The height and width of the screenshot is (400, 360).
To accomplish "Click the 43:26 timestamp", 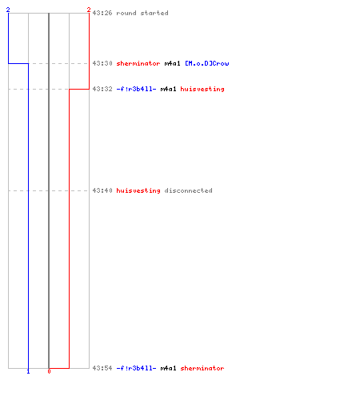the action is click(102, 13).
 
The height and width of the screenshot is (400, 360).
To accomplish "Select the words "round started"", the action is click(142, 13).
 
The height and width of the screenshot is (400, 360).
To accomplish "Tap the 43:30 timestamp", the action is click(102, 63).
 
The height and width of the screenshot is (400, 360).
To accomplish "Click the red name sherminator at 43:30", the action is click(138, 63).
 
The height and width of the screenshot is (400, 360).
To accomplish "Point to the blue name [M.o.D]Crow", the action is click(207, 63).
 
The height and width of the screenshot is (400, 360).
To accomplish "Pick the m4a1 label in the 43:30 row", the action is click(172, 63).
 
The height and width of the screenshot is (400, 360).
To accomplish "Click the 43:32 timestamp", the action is click(102, 89).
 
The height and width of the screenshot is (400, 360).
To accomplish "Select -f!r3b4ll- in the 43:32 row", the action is click(136, 89).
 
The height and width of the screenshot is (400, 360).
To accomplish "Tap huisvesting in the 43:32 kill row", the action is click(202, 89).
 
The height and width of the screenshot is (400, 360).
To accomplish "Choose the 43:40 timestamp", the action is click(102, 190).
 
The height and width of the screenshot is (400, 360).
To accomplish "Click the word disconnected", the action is click(188, 190).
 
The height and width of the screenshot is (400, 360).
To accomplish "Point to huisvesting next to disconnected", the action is click(138, 190).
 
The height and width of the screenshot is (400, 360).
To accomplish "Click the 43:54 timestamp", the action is click(102, 368).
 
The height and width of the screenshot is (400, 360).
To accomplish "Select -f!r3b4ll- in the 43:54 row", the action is click(136, 368).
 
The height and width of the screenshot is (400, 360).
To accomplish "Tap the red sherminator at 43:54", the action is click(202, 368).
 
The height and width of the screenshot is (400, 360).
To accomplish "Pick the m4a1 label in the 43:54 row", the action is click(168, 368).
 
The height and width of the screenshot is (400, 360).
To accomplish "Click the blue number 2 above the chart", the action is click(8, 10).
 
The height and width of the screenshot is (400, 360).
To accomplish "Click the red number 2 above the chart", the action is click(89, 10).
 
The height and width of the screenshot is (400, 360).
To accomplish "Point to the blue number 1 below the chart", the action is click(28, 371).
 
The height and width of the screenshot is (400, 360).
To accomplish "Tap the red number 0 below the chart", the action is click(49, 371).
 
